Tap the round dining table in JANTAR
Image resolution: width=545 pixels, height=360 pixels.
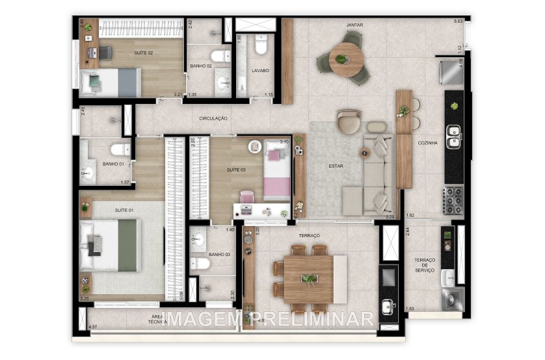click(346, 60)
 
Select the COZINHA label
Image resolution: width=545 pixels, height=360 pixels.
click(427, 142)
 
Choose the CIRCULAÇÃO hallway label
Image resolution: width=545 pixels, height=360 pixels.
click(213, 118)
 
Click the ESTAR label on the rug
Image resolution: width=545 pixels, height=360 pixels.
click(336, 166)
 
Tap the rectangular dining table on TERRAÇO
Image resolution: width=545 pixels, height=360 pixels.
click(310, 278)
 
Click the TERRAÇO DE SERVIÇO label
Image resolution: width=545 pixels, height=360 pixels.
click(424, 265)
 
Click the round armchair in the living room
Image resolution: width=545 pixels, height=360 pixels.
click(349, 122)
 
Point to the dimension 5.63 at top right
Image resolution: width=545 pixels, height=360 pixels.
click(458, 22)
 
